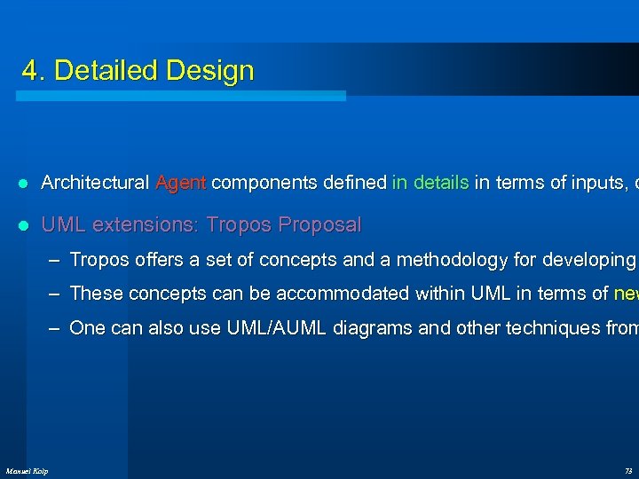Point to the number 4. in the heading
point(34,71)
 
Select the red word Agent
point(181,184)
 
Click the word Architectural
point(95,184)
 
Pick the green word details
point(439,184)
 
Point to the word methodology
point(451,260)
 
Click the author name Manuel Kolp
point(28,470)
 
